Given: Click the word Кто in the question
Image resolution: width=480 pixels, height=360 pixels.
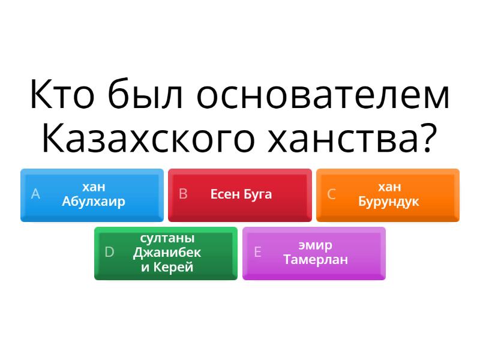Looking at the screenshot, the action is point(62,94).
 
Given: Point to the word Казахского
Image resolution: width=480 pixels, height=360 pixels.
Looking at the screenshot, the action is point(148,138).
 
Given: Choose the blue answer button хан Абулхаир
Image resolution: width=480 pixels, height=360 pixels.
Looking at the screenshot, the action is point(92,195).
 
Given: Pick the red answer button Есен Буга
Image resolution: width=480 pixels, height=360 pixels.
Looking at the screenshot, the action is point(240,195).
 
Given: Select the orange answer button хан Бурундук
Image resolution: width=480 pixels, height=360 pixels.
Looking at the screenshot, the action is point(388,195).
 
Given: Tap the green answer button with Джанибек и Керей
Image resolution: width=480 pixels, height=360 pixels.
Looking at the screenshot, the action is point(166,253).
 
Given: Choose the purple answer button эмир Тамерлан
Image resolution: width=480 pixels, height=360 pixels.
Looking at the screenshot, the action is point(314,253).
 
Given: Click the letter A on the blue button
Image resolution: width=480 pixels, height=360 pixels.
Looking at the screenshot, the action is point(35,194).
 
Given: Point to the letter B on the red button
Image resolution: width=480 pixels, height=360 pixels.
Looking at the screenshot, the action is point(183,194).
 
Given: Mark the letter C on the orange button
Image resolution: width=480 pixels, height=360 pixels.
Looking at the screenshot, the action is point(331,194).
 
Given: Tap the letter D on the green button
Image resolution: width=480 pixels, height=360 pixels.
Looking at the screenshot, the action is point(109,252).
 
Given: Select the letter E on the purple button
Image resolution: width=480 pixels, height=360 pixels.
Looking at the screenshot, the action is point(257,252).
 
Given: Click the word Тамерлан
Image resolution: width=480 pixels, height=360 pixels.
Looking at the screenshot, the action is point(316,260).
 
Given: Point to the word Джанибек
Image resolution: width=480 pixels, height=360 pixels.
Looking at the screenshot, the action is point(167,253).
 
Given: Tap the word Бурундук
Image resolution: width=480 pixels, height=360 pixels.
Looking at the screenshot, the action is point(388,202).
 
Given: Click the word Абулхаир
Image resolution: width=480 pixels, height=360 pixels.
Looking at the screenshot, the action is point(94,202).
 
